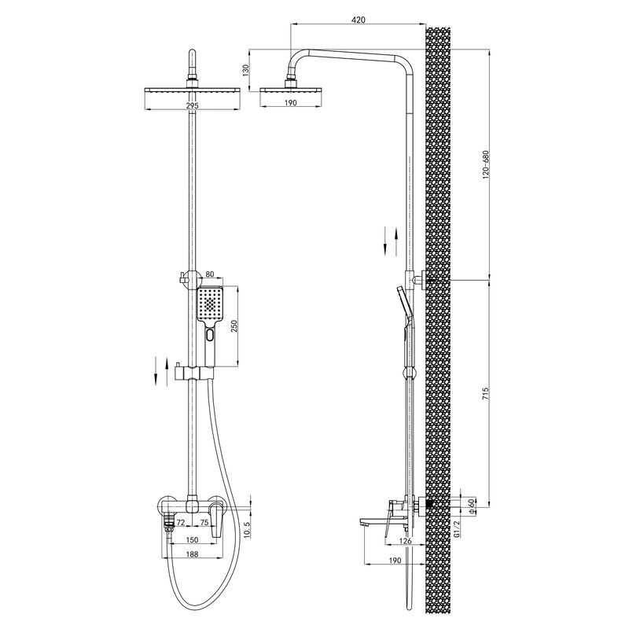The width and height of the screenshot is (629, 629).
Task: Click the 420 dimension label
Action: (359, 19)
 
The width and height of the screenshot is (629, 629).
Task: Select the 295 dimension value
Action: (192, 105)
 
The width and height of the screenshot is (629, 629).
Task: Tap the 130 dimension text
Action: (246, 71)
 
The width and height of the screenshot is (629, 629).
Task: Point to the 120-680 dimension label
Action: (486, 164)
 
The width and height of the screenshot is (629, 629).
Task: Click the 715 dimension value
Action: (486, 395)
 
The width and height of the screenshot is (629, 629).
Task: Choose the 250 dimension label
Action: (235, 327)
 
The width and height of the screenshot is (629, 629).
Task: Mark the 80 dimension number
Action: (210, 274)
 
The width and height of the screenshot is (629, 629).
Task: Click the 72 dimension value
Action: (181, 522)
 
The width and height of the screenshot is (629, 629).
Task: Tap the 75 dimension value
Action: (204, 522)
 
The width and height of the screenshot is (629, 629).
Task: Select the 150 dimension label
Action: (192, 540)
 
